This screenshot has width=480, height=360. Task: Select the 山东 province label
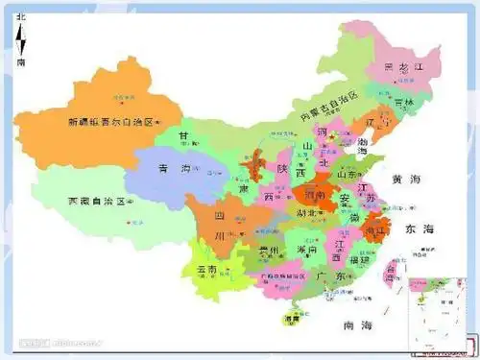348,175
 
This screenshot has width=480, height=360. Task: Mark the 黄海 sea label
406,180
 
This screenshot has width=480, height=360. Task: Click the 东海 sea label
420,228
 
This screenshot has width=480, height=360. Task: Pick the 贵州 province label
268,252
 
